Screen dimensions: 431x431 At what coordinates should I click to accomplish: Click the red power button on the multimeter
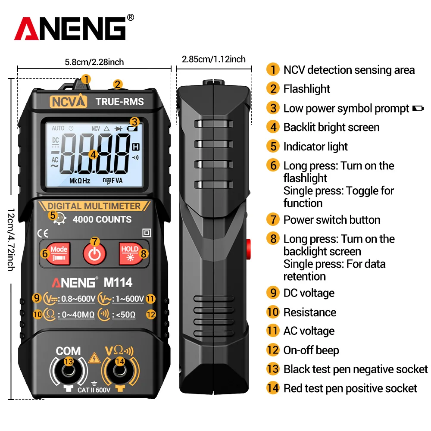tap(94, 253)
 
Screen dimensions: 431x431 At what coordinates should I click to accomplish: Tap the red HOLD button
tap(130, 253)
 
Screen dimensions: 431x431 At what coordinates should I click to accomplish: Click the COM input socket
tap(68, 371)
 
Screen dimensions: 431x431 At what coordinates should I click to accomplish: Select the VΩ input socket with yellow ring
tap(120, 371)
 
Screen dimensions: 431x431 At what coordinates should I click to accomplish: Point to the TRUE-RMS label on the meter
tap(119, 102)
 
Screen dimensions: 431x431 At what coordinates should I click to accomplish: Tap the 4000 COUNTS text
tap(102, 219)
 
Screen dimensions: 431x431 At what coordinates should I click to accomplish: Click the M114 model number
tap(118, 282)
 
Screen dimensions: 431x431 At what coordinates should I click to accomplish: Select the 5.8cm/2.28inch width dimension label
tap(94, 62)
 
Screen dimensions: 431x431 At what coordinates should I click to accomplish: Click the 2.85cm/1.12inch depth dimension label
tap(213, 59)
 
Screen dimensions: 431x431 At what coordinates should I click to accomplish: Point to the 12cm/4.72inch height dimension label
tap(10, 240)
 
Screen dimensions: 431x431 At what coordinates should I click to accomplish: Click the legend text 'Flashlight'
tap(306, 89)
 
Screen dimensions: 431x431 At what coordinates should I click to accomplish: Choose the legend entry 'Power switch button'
tap(331, 220)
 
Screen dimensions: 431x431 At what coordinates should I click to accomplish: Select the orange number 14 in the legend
tap(272, 388)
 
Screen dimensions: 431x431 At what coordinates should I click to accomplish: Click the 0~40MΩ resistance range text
tap(76, 315)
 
